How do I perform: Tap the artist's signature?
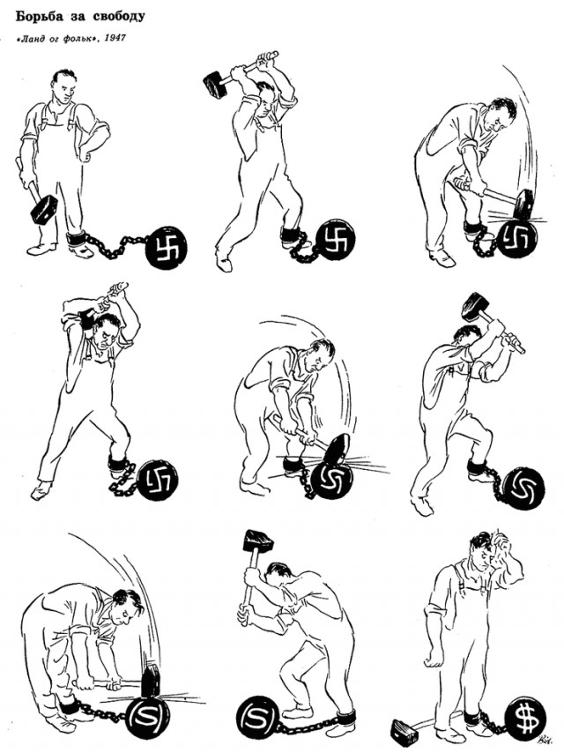545,740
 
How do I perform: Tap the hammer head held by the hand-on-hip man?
44,209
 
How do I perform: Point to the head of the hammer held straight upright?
257,541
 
